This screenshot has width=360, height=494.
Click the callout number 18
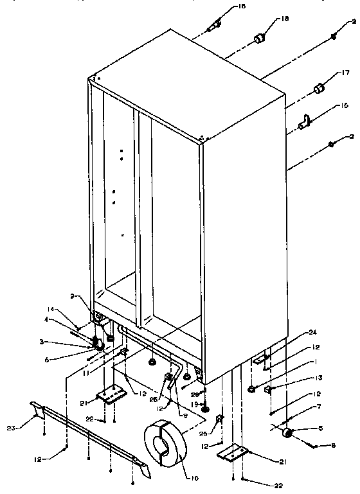tap(285, 20)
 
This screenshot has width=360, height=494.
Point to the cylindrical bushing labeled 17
tap(317, 88)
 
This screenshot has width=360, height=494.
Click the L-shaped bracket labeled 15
tap(306, 119)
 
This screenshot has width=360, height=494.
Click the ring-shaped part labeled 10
tap(163, 443)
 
